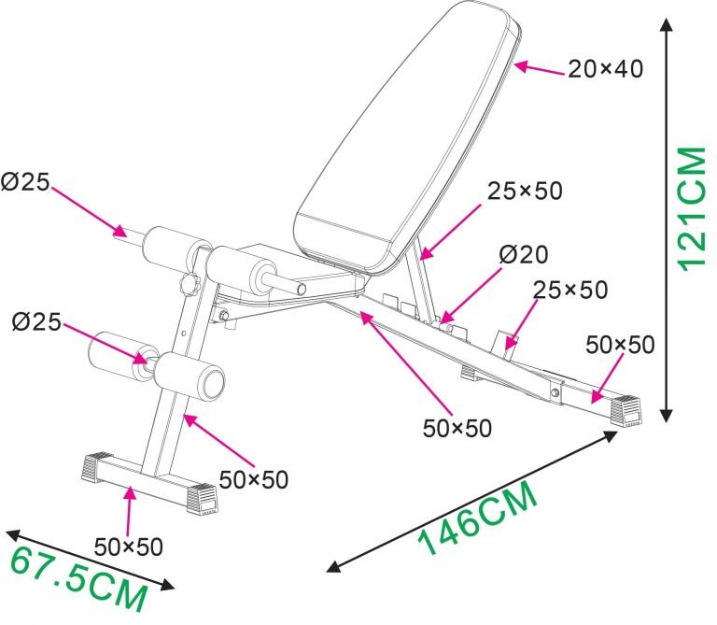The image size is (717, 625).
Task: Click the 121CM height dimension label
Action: (690, 208)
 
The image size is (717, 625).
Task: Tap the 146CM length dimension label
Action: (479, 519)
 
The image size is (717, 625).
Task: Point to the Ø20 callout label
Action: (523, 253)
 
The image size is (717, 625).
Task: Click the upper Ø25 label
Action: (25, 183)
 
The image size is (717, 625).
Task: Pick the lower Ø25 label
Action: (36, 323)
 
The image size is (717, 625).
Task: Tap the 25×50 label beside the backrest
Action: (525, 191)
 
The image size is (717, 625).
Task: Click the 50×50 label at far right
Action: (620, 344)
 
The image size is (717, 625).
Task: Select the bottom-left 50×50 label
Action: (129, 546)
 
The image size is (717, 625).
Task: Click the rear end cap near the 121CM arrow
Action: (626, 408)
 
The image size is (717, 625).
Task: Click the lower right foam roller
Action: (190, 376)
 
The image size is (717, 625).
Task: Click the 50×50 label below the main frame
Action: (457, 428)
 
